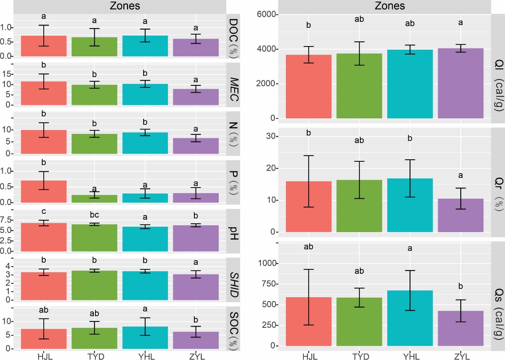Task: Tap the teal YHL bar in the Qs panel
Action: coord(410,318)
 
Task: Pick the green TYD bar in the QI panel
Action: coord(359,86)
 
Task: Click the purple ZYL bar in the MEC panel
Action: coord(196,97)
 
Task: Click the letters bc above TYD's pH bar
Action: coord(94,215)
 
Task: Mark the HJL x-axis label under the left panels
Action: coord(44,356)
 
